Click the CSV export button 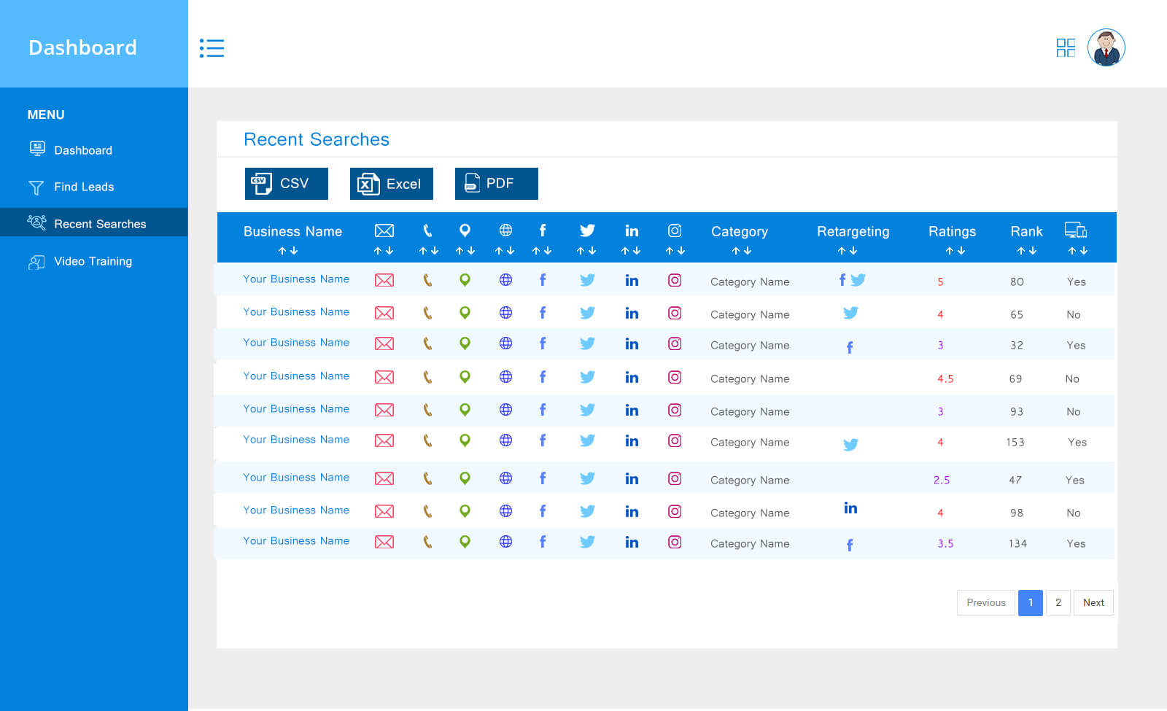pos(286,184)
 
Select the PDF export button pos(496,184)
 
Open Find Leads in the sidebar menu pos(84,187)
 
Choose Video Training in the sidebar pos(93,261)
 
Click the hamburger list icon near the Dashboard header pos(212,48)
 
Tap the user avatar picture pos(1106,48)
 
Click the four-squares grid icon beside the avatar pos(1065,48)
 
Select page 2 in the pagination pos(1058,602)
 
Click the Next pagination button pos(1093,602)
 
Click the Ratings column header pos(952,232)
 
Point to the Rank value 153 pos(1015,443)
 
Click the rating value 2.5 pos(942,481)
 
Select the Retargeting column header pos(853,232)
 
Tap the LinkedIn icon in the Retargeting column pos(850,508)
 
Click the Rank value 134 pos(1017,544)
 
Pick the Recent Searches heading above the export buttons pos(317,139)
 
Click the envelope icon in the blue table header pos(384,231)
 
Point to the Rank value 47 pos(1015,481)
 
